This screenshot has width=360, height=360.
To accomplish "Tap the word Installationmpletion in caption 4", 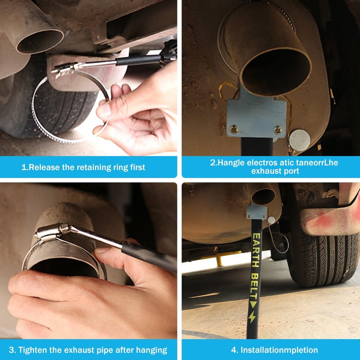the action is (279, 350).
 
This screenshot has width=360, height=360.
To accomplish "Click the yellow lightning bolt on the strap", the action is (252, 317).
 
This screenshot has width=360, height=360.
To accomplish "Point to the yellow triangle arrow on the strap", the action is (253, 305).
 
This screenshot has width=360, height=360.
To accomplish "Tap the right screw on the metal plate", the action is (278, 130).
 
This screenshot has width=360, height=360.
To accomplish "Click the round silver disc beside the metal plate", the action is (300, 140).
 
